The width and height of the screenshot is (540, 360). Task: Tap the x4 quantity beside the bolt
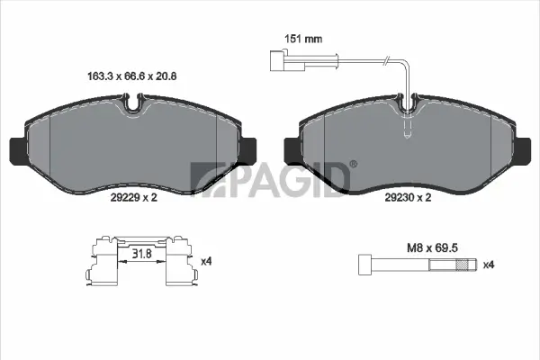click(489, 265)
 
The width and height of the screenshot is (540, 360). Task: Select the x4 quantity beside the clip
click(205, 261)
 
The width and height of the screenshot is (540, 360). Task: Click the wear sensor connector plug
click(279, 61)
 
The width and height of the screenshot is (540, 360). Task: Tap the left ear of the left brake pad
click(15, 150)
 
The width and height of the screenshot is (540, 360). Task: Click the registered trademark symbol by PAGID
click(352, 164)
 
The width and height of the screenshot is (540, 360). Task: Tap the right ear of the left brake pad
click(249, 150)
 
